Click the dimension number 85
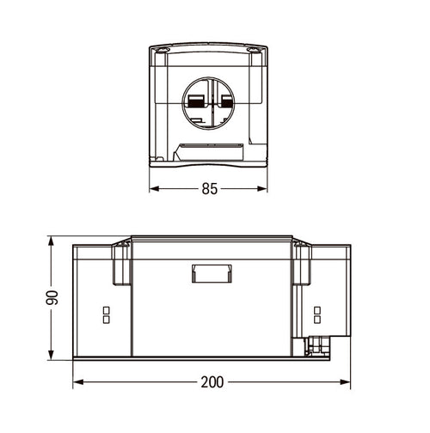pos(210,189)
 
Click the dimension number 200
pos(212,382)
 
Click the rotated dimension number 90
pos(52,297)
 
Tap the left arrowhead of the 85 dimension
pos(155,189)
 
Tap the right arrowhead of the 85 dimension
pos(262,189)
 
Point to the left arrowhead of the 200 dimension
pos(78,382)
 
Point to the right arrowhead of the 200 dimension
pos(345,382)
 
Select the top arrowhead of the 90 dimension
pos(51,241)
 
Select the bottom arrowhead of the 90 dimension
pos(51,355)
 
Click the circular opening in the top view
pos(183,103)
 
